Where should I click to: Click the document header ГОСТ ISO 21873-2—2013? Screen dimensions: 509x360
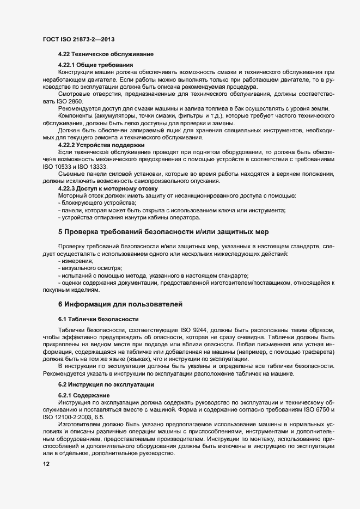click(78, 40)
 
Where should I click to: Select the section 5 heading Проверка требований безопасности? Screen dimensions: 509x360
click(163, 232)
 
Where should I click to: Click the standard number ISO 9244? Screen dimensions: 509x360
click(198, 331)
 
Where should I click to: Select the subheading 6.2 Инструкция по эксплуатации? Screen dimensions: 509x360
click(105, 385)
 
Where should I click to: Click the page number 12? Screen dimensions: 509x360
click(46, 464)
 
